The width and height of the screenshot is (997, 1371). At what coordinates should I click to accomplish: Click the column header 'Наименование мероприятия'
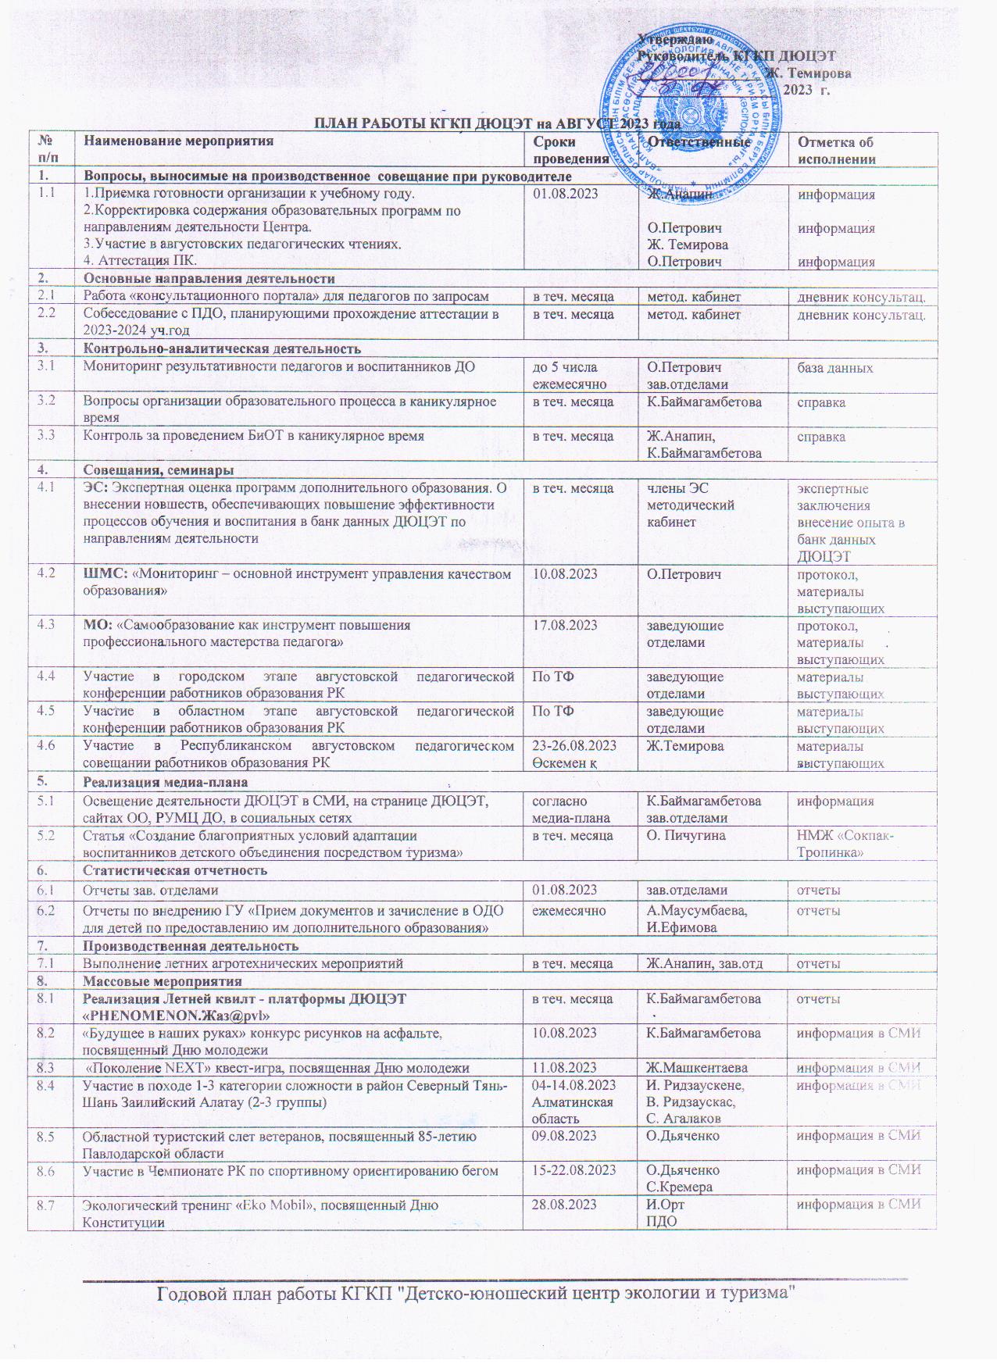(179, 141)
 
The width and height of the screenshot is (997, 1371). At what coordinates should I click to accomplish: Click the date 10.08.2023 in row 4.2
(565, 574)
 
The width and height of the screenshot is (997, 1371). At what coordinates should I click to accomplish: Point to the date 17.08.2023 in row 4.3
(565, 625)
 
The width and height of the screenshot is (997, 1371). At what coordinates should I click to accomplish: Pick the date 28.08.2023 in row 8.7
(565, 1205)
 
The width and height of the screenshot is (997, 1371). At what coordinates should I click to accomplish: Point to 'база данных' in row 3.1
(834, 367)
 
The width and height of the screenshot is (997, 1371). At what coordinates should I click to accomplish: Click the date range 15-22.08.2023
(574, 1170)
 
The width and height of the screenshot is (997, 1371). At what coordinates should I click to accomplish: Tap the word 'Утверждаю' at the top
(674, 39)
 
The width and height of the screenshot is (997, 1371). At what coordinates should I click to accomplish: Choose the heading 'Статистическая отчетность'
(175, 870)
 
